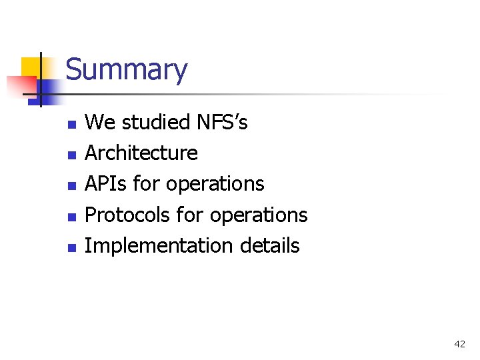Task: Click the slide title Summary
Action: pos(127,70)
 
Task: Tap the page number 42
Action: pos(459,344)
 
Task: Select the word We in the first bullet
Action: pos(100,123)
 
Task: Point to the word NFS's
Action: pos(222,123)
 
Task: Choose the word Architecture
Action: pos(141,153)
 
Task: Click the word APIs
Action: pos(107,184)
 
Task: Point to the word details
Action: pos(268,245)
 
